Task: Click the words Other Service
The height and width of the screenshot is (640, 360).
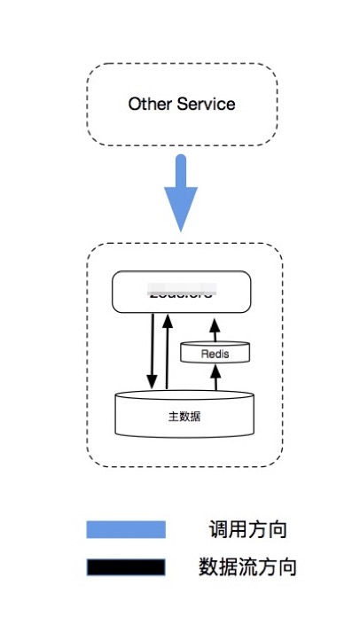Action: coord(181,104)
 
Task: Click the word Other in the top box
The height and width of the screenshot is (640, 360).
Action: coord(148,104)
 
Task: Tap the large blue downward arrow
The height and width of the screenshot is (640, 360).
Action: coord(181,191)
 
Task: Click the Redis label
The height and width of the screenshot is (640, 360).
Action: coord(214,353)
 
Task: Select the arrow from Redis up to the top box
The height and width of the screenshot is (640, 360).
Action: coord(214,330)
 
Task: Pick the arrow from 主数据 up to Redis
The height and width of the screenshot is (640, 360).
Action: coord(214,378)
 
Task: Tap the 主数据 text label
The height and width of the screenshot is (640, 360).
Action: coord(184,416)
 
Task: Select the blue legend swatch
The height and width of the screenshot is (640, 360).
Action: coord(125,530)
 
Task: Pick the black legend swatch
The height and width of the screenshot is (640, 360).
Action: coord(125,566)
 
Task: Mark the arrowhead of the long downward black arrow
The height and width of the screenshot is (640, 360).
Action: coord(152,383)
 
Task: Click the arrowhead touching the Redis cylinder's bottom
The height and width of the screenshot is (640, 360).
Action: coord(214,368)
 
